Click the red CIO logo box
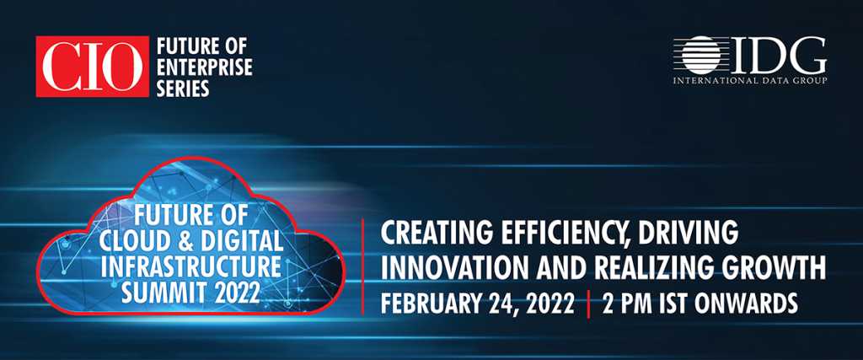93,67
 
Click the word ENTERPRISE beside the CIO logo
204,67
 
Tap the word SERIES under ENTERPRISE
183,88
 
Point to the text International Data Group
750,81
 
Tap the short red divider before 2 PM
588,304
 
